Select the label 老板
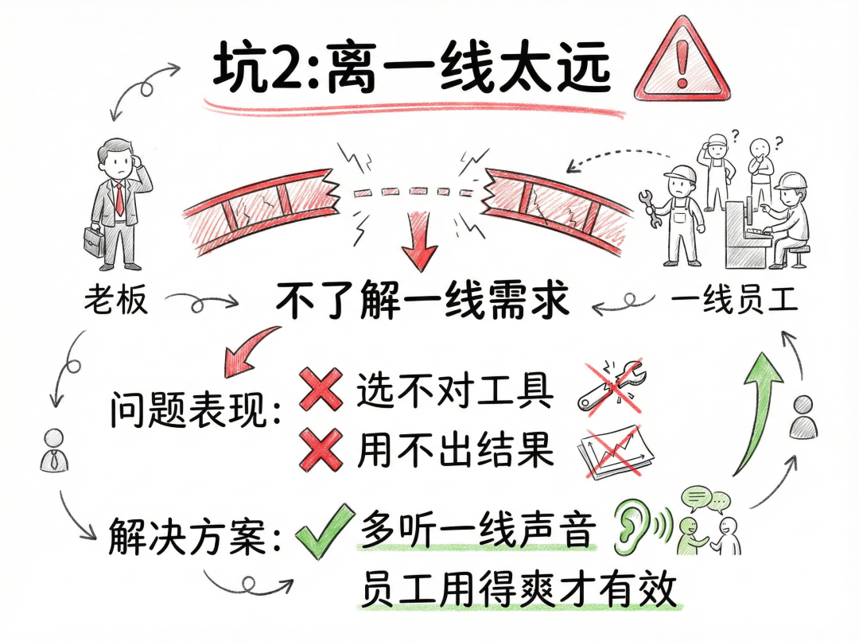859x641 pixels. (x=116, y=301)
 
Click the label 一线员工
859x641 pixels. (x=733, y=301)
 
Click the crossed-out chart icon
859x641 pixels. (x=617, y=451)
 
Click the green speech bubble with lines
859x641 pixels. (x=694, y=498)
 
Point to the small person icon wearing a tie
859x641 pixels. (x=54, y=449)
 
